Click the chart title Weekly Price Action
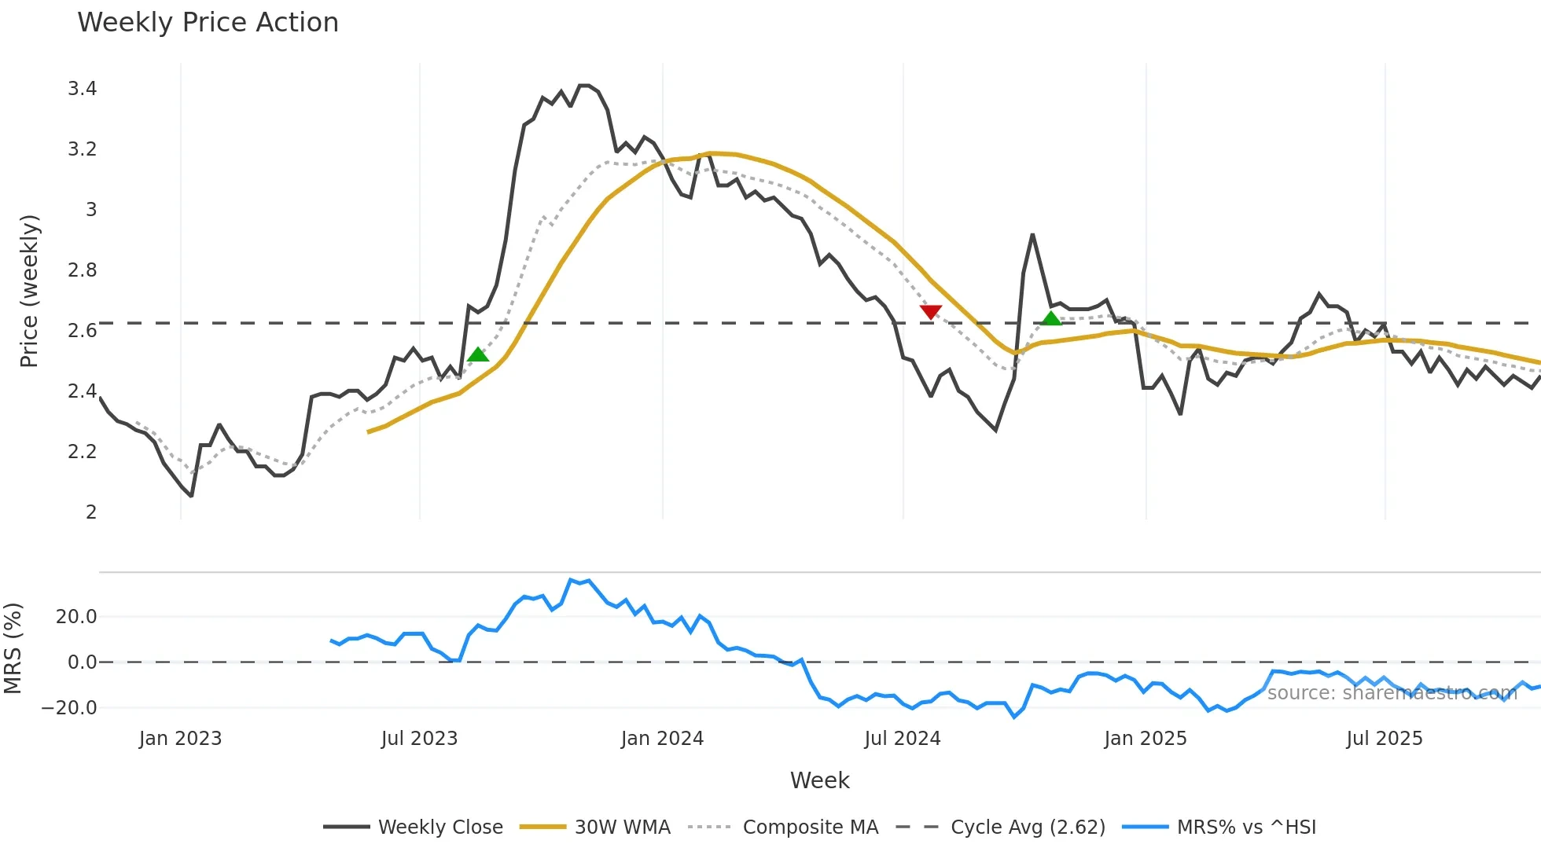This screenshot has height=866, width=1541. click(x=208, y=23)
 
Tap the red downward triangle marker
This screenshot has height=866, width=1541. click(x=931, y=312)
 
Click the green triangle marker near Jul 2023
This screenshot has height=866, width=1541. click(x=478, y=355)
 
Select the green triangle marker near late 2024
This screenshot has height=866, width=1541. click(x=1051, y=318)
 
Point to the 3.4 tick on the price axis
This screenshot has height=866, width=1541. click(x=83, y=89)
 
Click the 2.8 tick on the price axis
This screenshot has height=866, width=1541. click(x=83, y=270)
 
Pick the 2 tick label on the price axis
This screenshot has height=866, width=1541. click(x=91, y=512)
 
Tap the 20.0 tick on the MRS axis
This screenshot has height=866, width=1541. click(x=76, y=617)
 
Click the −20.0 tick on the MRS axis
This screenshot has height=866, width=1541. click(x=69, y=708)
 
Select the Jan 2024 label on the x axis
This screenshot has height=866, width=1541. click(x=662, y=739)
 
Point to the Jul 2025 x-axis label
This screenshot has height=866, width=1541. click(x=1384, y=739)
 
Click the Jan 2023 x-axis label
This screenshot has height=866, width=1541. click(x=180, y=739)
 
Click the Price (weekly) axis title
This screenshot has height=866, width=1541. click(x=29, y=291)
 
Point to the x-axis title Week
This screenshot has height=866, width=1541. click(x=819, y=780)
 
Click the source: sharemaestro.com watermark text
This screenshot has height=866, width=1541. click(x=1392, y=693)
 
